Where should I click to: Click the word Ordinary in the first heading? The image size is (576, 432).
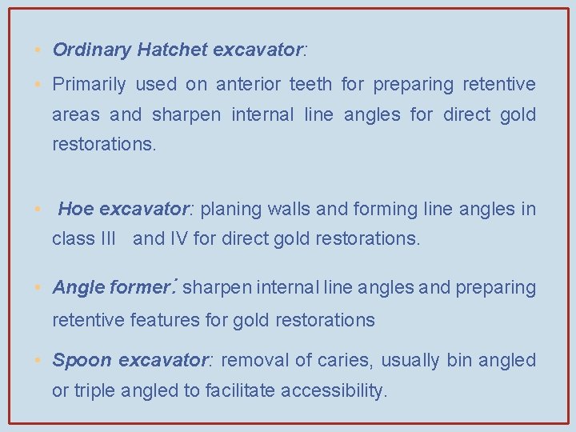91,50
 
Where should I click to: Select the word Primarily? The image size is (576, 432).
89,84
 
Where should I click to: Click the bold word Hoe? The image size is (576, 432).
76,210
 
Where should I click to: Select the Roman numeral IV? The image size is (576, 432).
178,238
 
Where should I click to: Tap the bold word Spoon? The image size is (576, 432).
82,361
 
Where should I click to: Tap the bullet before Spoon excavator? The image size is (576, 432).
38,361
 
